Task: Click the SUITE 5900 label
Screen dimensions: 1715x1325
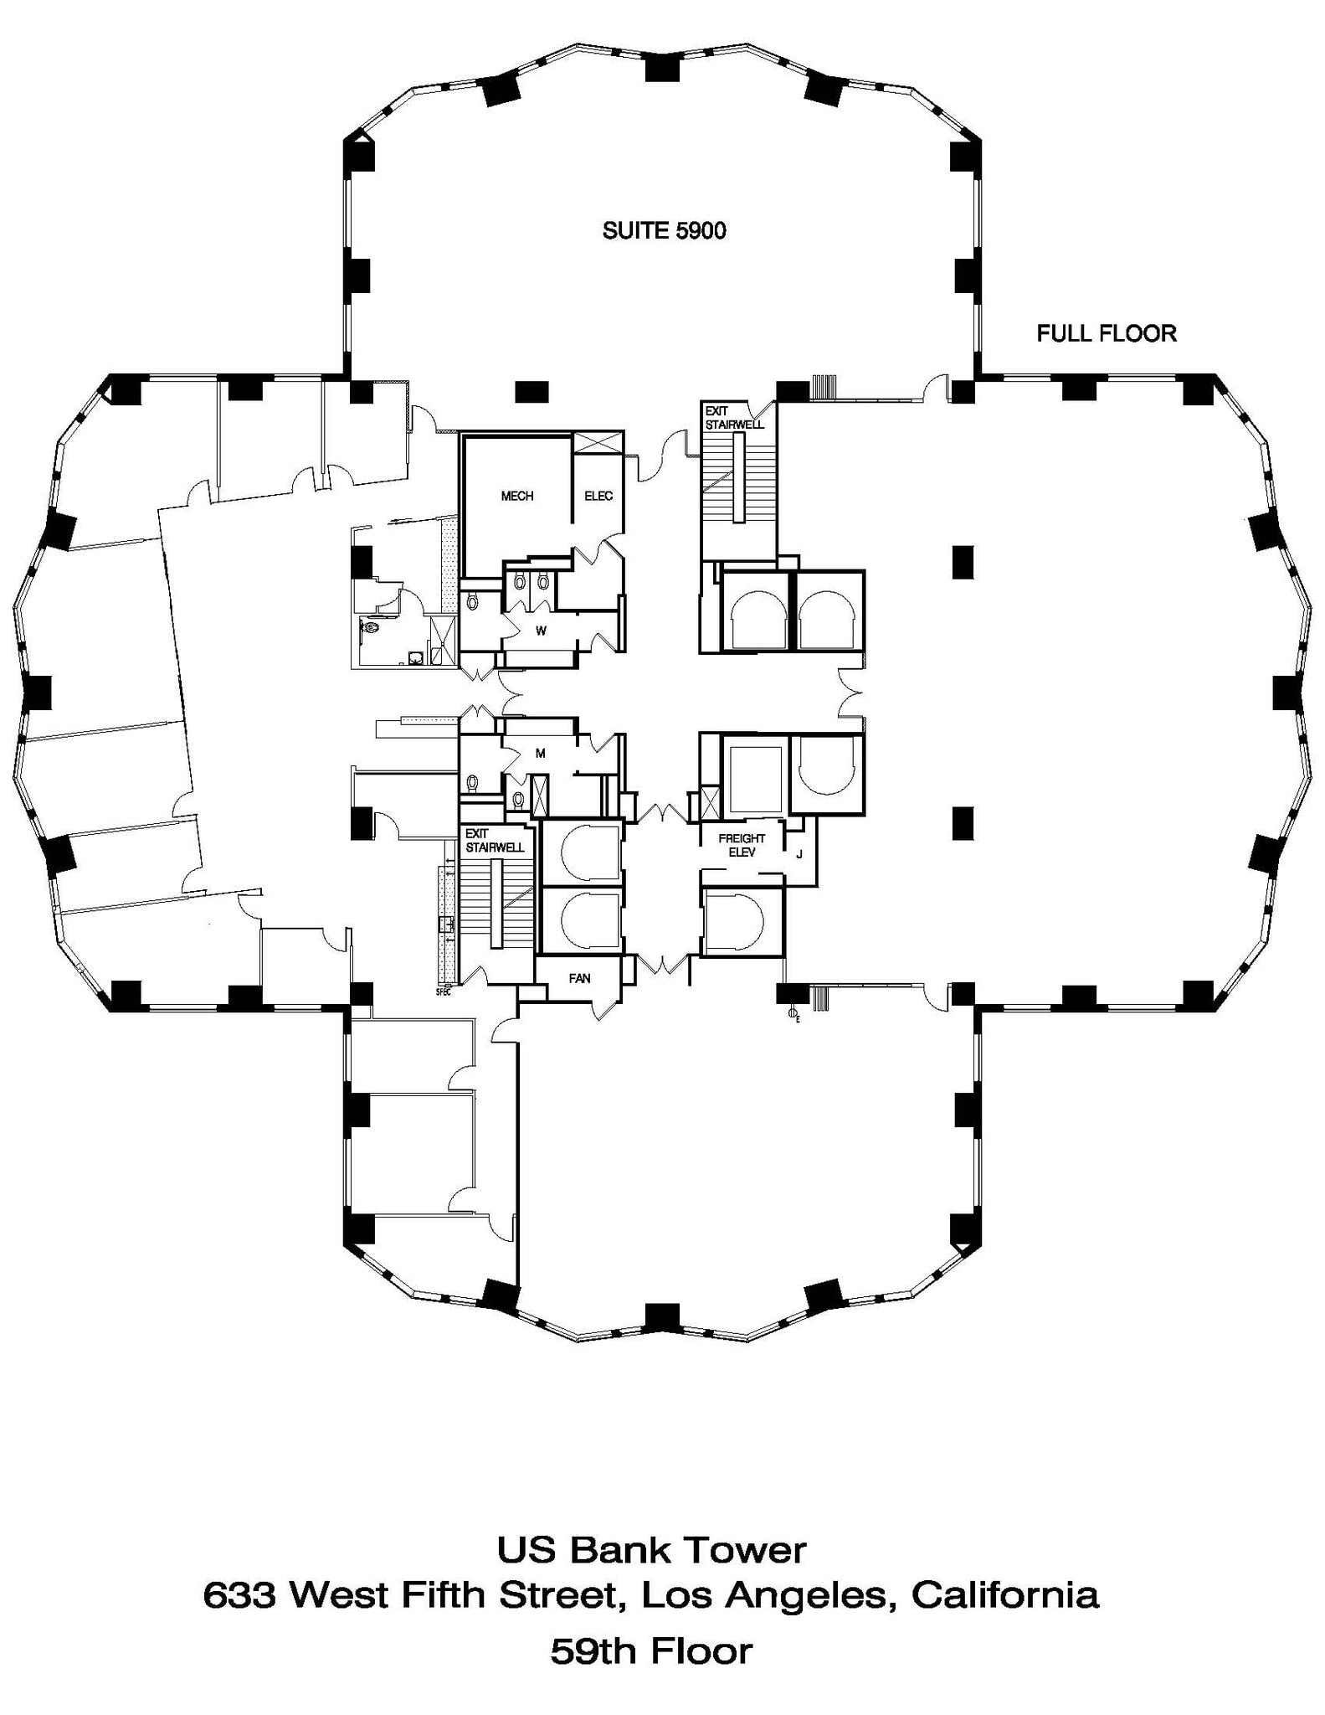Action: click(664, 230)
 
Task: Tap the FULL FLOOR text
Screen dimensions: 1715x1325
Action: click(1106, 333)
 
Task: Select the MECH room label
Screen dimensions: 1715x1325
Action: click(516, 496)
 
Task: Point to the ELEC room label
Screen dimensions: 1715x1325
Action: click(598, 496)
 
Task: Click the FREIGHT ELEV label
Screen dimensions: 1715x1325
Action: click(742, 845)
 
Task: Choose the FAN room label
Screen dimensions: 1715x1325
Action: click(579, 977)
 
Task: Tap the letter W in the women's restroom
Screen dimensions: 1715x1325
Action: click(541, 631)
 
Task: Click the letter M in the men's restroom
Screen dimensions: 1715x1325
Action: click(541, 753)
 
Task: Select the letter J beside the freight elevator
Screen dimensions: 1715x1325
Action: click(799, 854)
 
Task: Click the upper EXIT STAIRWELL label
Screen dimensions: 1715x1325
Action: click(733, 418)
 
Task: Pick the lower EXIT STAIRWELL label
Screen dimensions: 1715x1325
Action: click(494, 840)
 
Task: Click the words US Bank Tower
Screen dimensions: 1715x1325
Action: click(651, 1550)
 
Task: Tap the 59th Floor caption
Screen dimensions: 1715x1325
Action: click(651, 1652)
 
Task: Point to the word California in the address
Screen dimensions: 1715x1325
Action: click(1004, 1595)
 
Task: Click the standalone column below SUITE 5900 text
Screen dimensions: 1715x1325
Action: click(531, 390)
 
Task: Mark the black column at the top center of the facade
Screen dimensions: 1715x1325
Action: click(662, 67)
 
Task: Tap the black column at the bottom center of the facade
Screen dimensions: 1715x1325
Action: click(662, 1316)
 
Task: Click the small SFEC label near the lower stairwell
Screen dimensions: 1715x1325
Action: click(443, 992)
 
